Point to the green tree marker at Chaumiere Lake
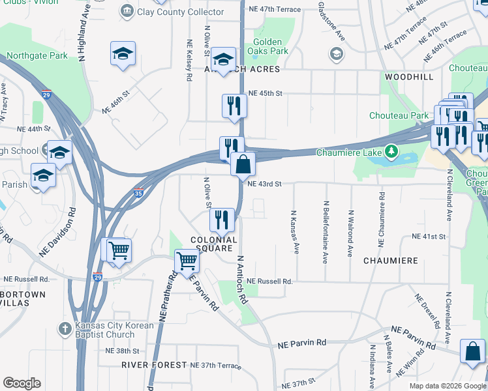click(391, 152)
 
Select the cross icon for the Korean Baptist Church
click(65, 328)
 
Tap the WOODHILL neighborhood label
click(409, 77)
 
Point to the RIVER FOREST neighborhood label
click(154, 365)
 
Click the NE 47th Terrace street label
click(273, 9)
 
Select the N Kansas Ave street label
click(295, 231)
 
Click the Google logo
click(22, 383)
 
